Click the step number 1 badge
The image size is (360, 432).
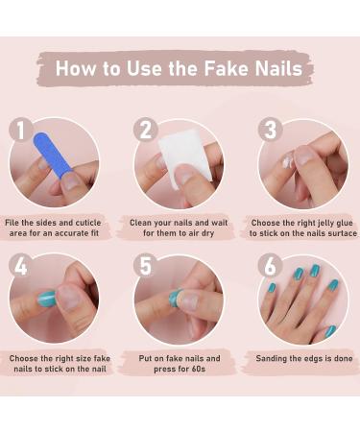(x=21, y=131)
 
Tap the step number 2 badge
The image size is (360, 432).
(x=146, y=131)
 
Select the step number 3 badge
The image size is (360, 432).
(x=270, y=131)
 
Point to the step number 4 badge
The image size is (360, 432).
(x=21, y=266)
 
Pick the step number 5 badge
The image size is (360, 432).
(x=146, y=266)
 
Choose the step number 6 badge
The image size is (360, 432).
(x=270, y=266)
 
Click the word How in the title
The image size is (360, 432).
(x=76, y=68)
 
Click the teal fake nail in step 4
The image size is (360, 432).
(x=45, y=299)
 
